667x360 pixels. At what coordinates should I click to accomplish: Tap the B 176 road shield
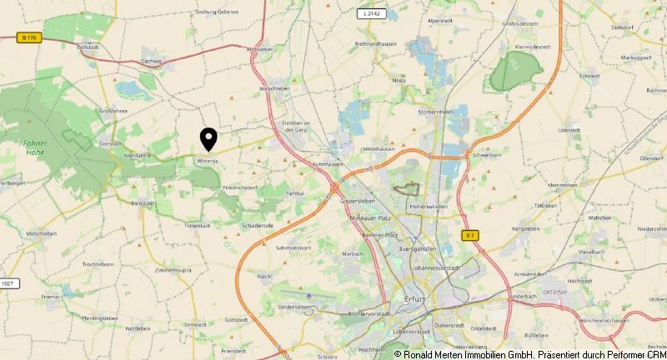[30, 37]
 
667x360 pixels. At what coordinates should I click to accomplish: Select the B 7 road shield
[470, 236]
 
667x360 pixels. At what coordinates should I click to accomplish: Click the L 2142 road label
[372, 14]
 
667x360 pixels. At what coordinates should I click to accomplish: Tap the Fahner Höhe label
[35, 147]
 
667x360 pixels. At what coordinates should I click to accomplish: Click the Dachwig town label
[152, 61]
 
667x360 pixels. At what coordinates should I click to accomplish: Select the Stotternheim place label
[436, 110]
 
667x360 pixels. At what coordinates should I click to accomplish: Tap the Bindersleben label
[294, 307]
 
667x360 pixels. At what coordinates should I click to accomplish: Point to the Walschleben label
[273, 87]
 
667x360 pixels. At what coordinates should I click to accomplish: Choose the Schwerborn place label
[487, 155]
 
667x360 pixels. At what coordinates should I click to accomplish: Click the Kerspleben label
[527, 228]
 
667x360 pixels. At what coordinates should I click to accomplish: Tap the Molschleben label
[41, 234]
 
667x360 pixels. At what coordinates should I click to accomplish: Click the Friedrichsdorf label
[240, 188]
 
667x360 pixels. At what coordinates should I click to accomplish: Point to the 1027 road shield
[9, 284]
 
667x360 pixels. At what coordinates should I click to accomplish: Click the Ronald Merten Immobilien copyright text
[529, 354]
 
